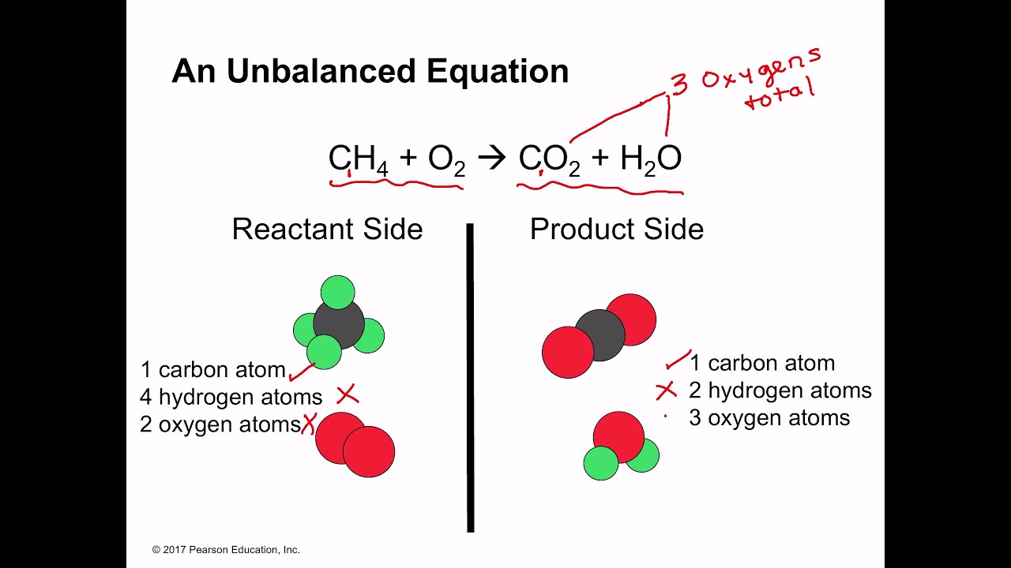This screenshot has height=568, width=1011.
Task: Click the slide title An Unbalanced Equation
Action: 370,71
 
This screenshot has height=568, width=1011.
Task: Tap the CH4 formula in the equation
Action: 357,159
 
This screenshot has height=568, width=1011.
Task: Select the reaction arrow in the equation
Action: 491,159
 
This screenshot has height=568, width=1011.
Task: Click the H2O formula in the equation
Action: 650,159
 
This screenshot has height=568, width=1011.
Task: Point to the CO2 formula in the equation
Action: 549,159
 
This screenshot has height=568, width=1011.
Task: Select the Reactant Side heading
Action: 327,229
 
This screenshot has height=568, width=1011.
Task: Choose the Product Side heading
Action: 616,229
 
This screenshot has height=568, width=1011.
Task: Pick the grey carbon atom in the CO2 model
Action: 600,335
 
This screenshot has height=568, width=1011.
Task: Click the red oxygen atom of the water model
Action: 618,436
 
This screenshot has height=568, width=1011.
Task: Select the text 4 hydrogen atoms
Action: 231,397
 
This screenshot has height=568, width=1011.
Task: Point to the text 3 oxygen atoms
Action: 769,417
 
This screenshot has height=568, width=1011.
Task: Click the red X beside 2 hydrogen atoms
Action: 667,390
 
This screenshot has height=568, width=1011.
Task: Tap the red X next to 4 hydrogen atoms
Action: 348,394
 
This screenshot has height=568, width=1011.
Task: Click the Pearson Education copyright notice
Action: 226,550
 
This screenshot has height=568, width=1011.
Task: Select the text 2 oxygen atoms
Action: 220,424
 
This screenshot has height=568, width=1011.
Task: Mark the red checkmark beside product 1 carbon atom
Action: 678,361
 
